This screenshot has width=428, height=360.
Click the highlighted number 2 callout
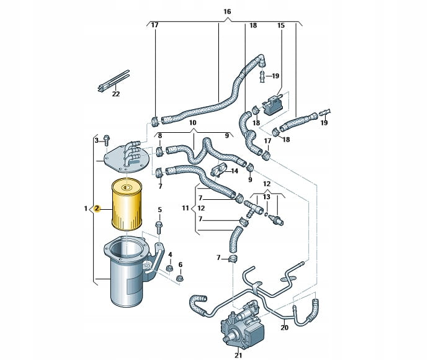pos(97,209)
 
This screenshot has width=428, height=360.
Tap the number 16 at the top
pos(226,12)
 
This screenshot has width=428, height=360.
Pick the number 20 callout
pos(302,328)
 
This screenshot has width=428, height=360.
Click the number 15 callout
pos(280,25)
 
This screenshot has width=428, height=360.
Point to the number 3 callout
pos(97,141)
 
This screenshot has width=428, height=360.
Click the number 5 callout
pos(159,210)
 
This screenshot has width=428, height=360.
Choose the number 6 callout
pos(181,264)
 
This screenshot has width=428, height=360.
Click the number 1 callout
pos(86,209)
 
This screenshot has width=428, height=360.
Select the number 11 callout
pos(185,208)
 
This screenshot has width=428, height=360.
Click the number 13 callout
pos(267,197)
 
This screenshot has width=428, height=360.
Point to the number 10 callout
pos(192,123)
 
